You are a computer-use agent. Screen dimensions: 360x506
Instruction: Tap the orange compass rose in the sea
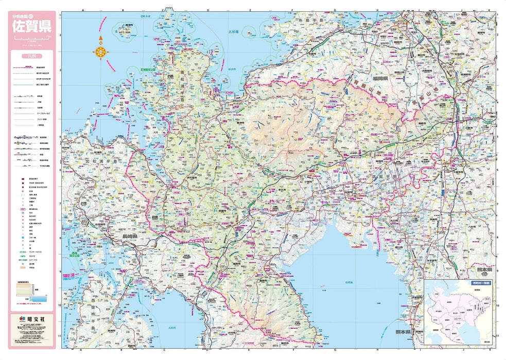pyautogui.click(x=101, y=51)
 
